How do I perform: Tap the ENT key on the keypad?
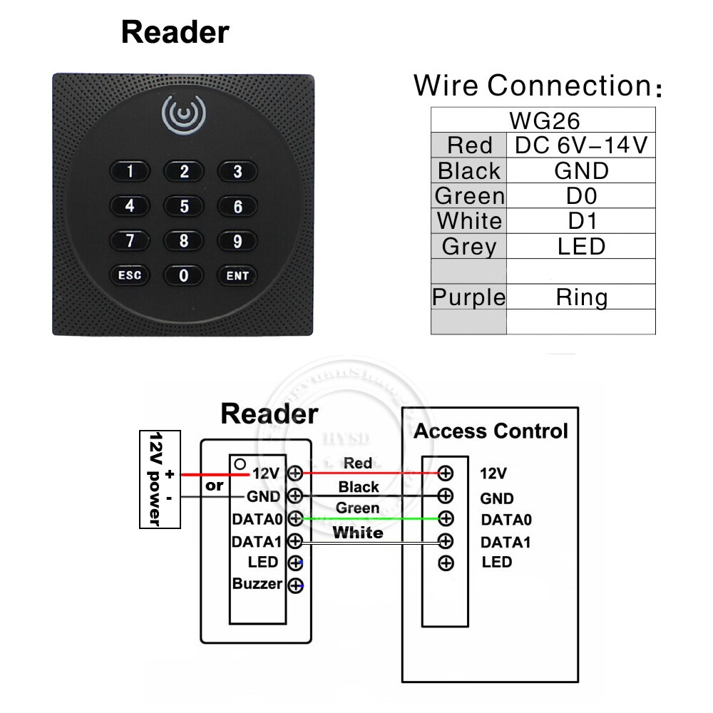coord(237,275)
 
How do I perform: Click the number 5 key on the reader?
coord(184,206)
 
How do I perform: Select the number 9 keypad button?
coord(237,240)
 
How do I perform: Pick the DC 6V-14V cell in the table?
coord(580,145)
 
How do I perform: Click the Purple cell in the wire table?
coord(468,297)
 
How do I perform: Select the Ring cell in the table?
coord(580,297)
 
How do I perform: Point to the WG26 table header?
coord(543,119)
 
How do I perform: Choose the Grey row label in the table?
coord(468,247)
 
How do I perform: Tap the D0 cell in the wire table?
coord(580,196)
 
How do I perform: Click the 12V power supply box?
coord(159,478)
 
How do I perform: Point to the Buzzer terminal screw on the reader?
coord(295,586)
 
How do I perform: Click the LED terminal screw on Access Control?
coord(446,563)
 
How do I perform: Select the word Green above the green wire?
coord(357,508)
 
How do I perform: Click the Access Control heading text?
coord(491,431)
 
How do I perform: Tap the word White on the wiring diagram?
coord(358,533)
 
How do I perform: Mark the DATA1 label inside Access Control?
coord(506,542)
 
